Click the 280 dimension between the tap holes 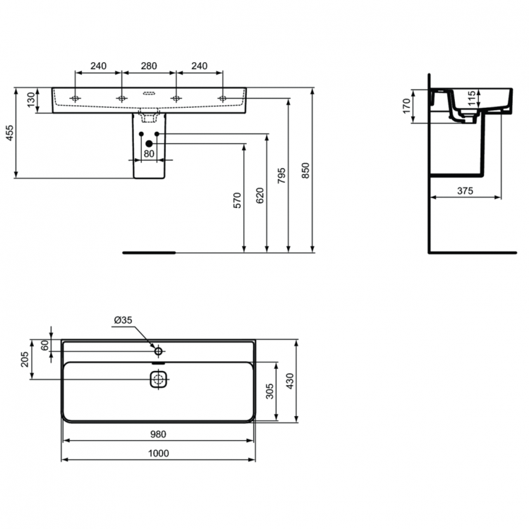(148, 66)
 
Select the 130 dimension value (30, 99)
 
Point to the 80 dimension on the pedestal (149, 152)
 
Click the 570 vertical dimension (238, 200)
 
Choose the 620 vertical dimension (260, 195)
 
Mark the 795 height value (281, 175)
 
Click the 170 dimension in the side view (406, 107)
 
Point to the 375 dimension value (464, 190)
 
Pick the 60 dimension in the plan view (44, 345)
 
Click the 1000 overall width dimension (159, 454)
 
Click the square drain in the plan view (158, 380)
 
